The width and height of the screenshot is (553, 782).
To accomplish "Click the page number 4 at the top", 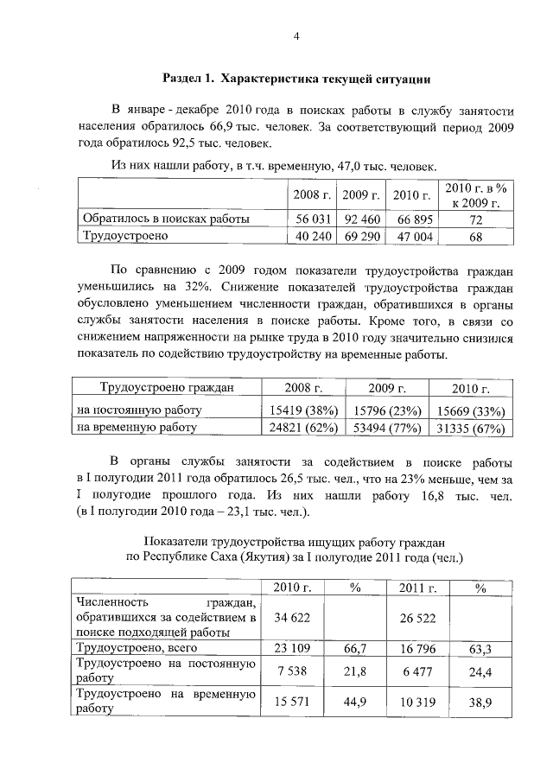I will tap(296, 36).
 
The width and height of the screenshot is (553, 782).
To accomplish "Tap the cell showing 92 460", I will tap(361, 219).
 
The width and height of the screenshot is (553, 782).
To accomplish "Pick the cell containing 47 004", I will tap(410, 235).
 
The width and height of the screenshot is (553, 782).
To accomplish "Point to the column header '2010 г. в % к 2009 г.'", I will tap(474, 195).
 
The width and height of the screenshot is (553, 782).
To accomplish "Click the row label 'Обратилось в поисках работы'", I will tap(165, 219).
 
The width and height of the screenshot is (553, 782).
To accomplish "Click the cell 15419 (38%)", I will tap(302, 410).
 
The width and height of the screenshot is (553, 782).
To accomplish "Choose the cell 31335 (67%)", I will tap(467, 427).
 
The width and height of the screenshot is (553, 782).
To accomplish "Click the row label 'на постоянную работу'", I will tap(139, 410).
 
